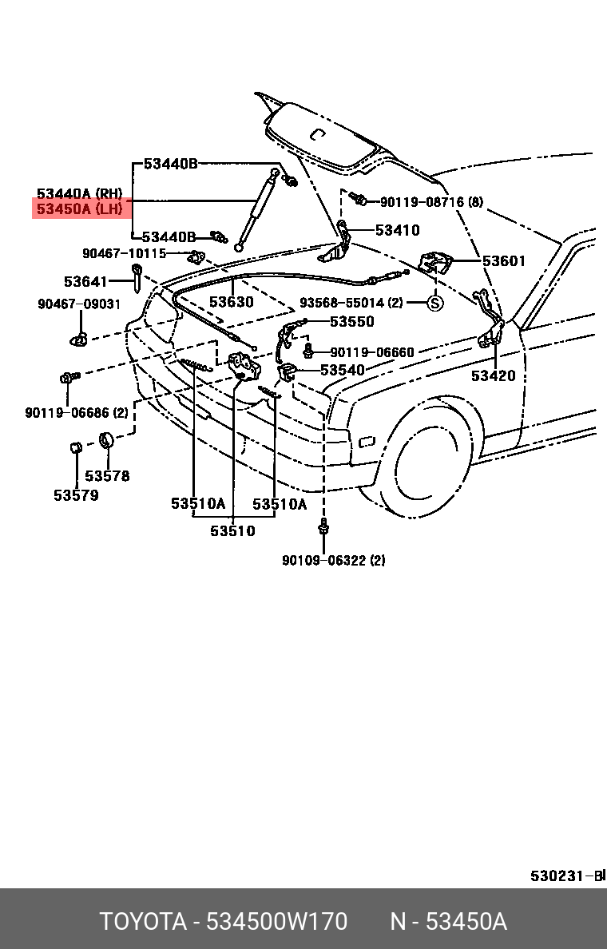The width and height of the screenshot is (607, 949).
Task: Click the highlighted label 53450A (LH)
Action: click(x=80, y=209)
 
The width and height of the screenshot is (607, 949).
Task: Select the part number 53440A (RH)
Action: click(x=80, y=193)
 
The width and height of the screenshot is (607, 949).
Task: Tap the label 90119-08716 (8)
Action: click(x=431, y=201)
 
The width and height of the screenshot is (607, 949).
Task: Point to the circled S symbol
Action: click(x=435, y=302)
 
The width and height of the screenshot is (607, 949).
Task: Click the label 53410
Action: click(x=397, y=230)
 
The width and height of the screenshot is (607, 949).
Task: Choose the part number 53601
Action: click(x=504, y=261)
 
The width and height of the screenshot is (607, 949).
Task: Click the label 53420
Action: click(x=494, y=376)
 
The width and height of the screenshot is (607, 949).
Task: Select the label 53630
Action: click(x=232, y=301)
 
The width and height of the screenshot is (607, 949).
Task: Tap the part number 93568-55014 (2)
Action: click(x=351, y=302)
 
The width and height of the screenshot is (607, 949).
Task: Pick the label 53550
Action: click(x=352, y=321)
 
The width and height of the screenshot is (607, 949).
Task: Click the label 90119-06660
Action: click(x=372, y=351)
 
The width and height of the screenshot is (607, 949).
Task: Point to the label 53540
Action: click(x=343, y=370)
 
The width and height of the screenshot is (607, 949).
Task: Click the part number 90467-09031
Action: click(x=79, y=304)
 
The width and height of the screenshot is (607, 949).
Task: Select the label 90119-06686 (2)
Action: click(x=77, y=413)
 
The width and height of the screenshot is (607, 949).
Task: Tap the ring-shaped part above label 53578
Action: click(x=107, y=439)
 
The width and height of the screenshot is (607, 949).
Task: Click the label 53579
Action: click(x=76, y=495)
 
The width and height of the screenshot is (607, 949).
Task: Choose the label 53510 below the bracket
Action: click(x=233, y=530)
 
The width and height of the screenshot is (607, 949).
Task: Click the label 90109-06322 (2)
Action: click(x=334, y=561)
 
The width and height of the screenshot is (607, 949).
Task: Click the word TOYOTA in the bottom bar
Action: click(x=144, y=922)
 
